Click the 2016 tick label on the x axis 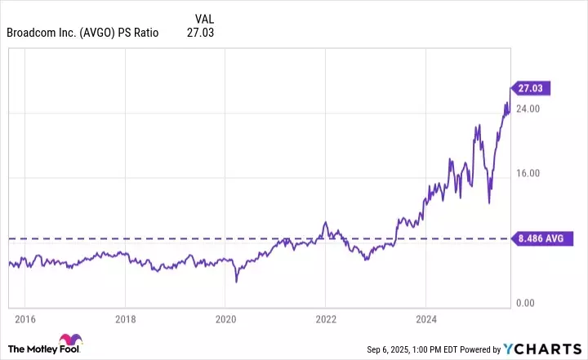point(25,318)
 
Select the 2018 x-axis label point(125,318)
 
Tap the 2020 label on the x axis point(225,318)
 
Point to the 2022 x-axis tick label point(326,318)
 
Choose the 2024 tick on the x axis point(425,318)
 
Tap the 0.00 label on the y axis point(525,304)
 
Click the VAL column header point(206,18)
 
